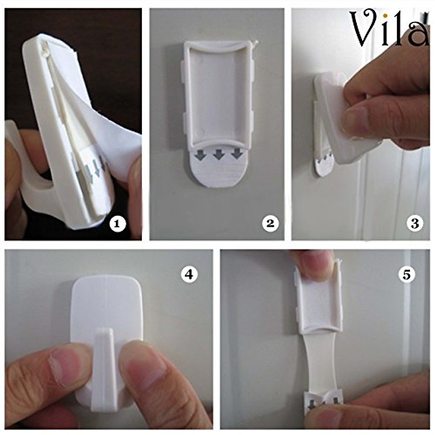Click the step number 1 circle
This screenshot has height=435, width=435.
(117, 224)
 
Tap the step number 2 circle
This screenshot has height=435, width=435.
(270, 224)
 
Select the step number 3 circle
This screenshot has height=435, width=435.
(414, 224)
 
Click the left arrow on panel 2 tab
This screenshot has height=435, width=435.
(199, 155)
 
